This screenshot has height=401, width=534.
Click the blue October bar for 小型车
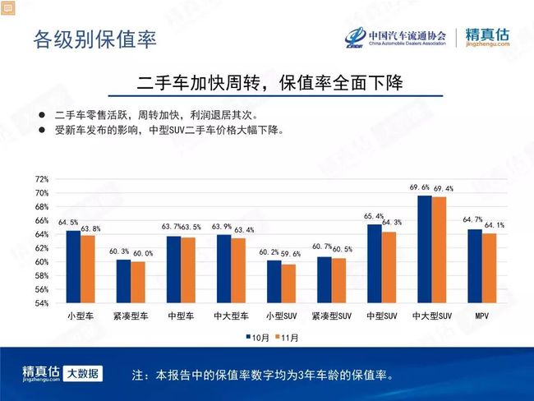pyautogui.click(x=73, y=267)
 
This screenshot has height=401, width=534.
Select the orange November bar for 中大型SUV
pyautogui.click(x=439, y=250)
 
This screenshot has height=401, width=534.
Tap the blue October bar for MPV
pyautogui.click(x=475, y=266)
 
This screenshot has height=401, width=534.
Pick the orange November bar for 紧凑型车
pyautogui.click(x=138, y=282)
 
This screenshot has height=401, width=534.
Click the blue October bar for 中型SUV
pyautogui.click(x=375, y=264)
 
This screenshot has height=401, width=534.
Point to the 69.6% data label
pyautogui.click(x=419, y=187)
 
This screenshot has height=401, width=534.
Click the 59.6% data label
pyautogui.click(x=291, y=254)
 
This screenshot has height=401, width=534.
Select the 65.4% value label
pyautogui.click(x=373, y=216)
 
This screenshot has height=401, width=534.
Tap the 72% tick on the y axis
pyautogui.click(x=42, y=179)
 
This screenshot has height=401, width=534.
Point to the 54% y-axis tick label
pyautogui.click(x=42, y=303)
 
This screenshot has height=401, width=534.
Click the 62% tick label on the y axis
pyautogui.click(x=42, y=248)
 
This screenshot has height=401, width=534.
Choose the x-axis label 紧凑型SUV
pyautogui.click(x=331, y=316)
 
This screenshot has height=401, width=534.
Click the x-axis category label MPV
pyautogui.click(x=482, y=316)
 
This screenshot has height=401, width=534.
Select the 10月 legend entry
pyautogui.click(x=257, y=338)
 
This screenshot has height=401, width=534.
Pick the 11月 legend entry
pyautogui.click(x=287, y=338)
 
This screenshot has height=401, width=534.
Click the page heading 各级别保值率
pyautogui.click(x=95, y=39)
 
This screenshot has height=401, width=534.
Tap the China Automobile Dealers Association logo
pyautogui.click(x=395, y=37)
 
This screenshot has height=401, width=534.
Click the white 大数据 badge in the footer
pyautogui.click(x=83, y=374)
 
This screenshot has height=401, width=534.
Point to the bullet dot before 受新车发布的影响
pyautogui.click(x=42, y=130)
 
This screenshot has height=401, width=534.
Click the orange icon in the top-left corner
pyautogui.click(x=8, y=7)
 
